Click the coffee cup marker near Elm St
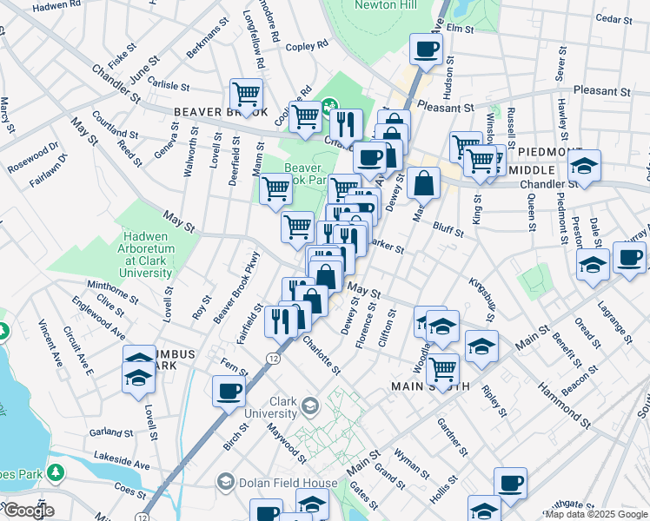425,49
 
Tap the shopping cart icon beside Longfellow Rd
247,94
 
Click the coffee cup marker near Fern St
229,391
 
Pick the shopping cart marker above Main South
442,369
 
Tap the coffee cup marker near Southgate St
510,482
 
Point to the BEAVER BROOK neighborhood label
221,112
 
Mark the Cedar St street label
614,18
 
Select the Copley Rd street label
310,43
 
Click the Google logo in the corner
28,511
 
